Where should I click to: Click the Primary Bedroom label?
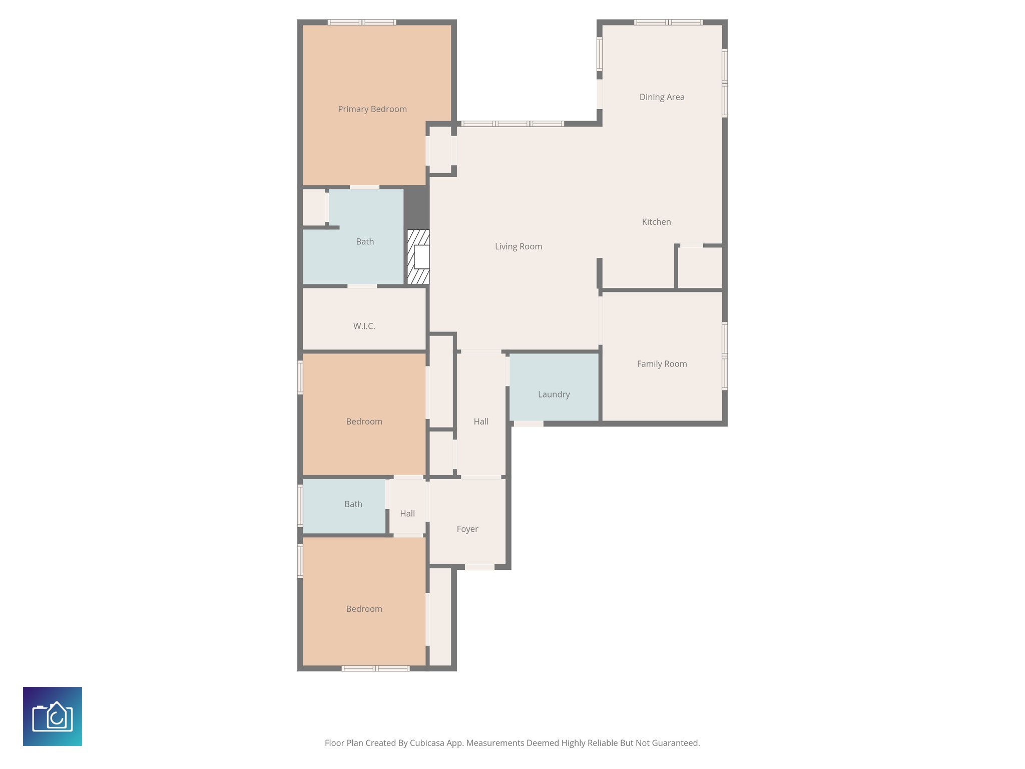point(372,109)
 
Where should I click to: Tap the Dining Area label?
point(662,97)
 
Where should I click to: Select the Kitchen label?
point(656,222)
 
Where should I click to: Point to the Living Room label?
point(518,246)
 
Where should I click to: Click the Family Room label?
point(662,364)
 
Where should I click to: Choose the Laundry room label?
point(554,395)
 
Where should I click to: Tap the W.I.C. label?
point(364,326)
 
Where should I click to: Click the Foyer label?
point(467,529)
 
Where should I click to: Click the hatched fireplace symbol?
point(418,257)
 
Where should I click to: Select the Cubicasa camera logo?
point(53,716)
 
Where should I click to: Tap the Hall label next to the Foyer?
point(407,514)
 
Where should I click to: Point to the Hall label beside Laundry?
point(481,422)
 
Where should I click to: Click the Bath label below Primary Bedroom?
point(365,242)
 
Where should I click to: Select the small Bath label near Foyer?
point(353,504)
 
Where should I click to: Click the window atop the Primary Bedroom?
point(362,22)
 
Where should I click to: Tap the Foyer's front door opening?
point(479,567)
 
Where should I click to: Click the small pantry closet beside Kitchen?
point(700,268)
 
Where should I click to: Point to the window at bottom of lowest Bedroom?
point(375,668)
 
